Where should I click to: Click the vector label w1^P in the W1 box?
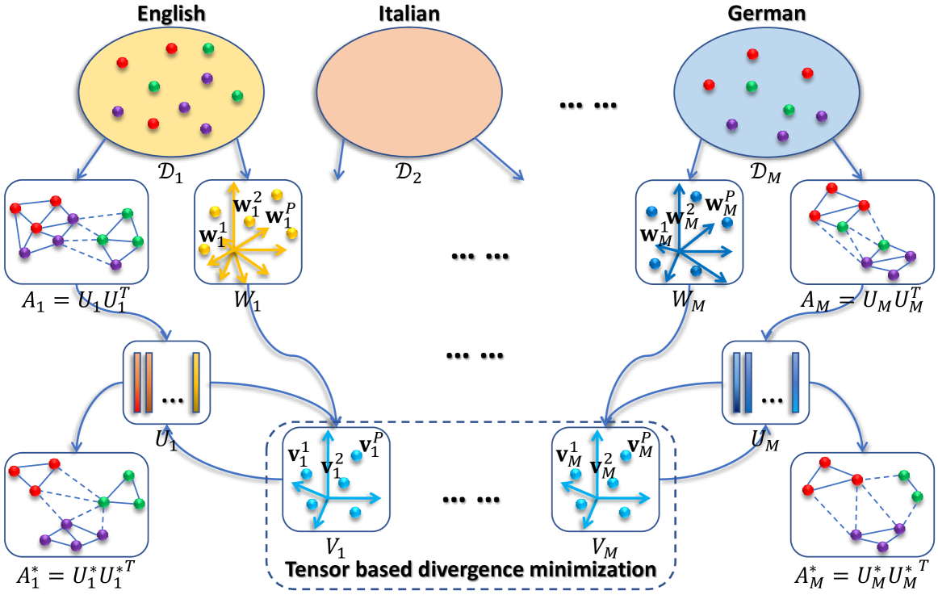[x=280, y=216]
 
